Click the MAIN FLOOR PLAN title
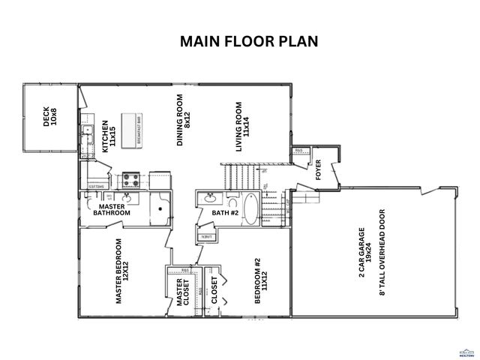pyautogui.click(x=248, y=40)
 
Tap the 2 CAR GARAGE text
pyautogui.click(x=361, y=253)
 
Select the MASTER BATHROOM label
pyautogui.click(x=112, y=209)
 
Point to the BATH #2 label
pyautogui.click(x=225, y=213)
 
